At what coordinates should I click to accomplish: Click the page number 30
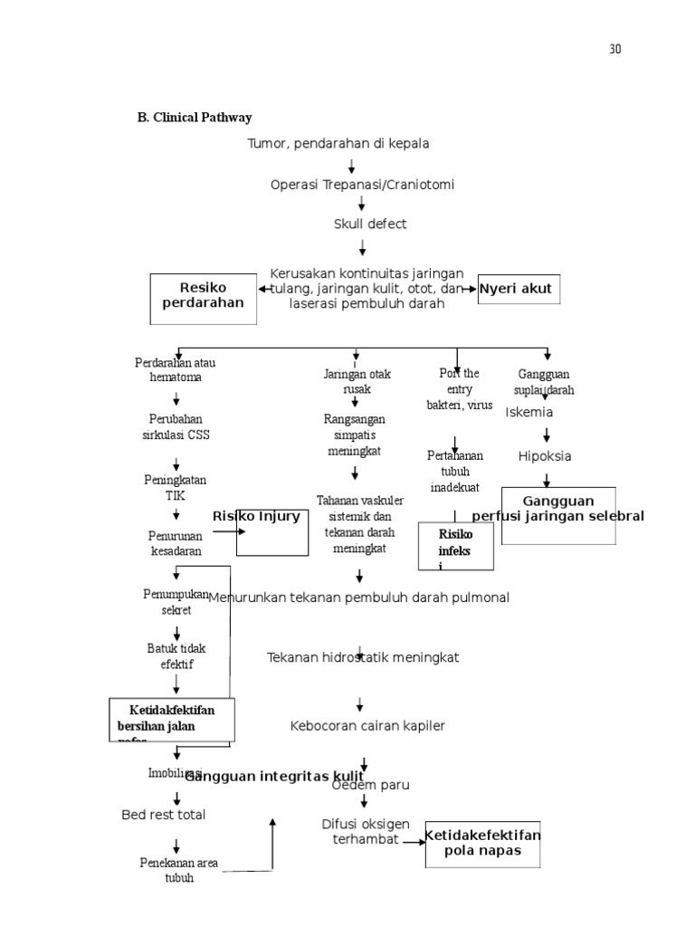pyautogui.click(x=615, y=49)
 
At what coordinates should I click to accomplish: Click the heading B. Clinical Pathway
pyautogui.click(x=194, y=118)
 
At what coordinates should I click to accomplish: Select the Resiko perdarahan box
pyautogui.click(x=203, y=297)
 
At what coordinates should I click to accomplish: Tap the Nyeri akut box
pyautogui.click(x=519, y=290)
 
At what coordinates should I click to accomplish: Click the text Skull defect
pyautogui.click(x=369, y=224)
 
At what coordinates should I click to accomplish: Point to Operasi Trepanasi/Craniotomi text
pyautogui.click(x=362, y=185)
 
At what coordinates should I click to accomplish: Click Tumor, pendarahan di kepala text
pyautogui.click(x=338, y=143)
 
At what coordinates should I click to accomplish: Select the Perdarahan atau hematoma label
pyautogui.click(x=176, y=370)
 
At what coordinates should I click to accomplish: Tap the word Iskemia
pyautogui.click(x=529, y=412)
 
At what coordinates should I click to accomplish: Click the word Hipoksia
pyautogui.click(x=545, y=456)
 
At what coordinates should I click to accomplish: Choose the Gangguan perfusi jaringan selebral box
pyautogui.click(x=558, y=514)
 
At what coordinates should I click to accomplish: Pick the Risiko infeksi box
pyautogui.click(x=455, y=546)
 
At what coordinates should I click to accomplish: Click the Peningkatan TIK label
pyautogui.click(x=175, y=488)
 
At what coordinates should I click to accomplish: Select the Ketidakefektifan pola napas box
pyautogui.click(x=482, y=844)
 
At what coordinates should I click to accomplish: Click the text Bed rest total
pyautogui.click(x=164, y=815)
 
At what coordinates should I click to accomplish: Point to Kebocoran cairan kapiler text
pyautogui.click(x=367, y=726)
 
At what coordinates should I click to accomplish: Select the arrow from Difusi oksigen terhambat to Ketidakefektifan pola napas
pyautogui.click(x=414, y=842)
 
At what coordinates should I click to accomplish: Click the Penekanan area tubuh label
pyautogui.click(x=178, y=870)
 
